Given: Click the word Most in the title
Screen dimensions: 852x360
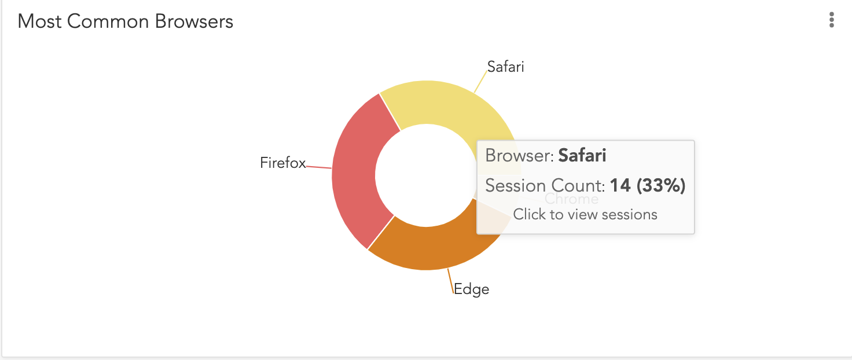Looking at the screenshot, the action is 39,21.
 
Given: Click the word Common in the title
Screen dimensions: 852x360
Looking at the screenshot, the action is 108,21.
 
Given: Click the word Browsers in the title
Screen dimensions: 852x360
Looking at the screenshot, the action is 194,21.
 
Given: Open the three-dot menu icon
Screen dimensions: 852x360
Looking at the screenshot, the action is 832,20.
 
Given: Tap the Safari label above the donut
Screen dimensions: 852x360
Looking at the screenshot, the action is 505,67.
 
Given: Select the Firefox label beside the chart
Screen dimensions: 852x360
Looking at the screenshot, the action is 282,163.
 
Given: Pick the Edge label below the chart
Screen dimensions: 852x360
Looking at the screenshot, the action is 471,289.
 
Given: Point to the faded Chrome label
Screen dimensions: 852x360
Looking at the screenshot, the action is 571,199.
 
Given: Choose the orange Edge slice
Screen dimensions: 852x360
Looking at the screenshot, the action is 430,247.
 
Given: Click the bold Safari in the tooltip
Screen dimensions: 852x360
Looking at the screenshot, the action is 582,156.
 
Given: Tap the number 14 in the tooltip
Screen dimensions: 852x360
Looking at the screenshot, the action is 620,186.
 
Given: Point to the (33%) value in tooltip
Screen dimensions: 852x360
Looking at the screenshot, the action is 661,186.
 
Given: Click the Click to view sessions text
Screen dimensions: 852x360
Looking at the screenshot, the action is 585,214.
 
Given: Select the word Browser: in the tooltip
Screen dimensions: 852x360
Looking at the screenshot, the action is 519,156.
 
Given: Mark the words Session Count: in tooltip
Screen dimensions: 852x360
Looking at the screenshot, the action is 545,186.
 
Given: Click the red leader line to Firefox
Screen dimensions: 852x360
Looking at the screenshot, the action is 319,167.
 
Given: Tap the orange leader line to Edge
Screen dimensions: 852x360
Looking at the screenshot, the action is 450,281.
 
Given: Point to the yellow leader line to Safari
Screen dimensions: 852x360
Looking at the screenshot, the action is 481,82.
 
